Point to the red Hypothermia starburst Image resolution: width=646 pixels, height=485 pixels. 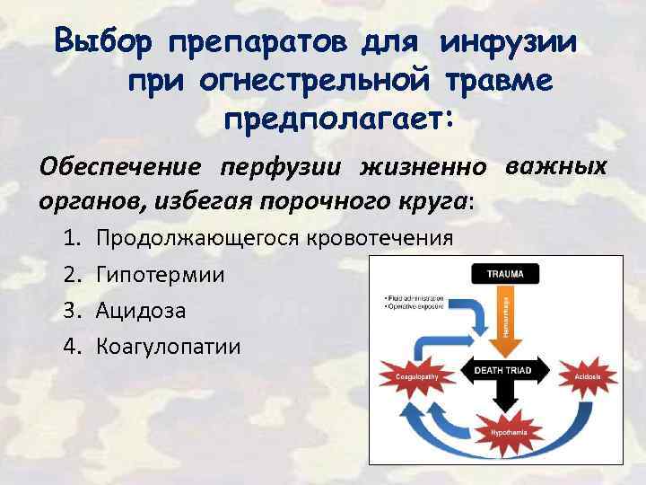(x=502, y=433)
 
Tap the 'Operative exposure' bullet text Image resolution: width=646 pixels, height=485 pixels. (x=415, y=306)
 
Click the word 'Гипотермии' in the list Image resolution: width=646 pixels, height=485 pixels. (x=161, y=274)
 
